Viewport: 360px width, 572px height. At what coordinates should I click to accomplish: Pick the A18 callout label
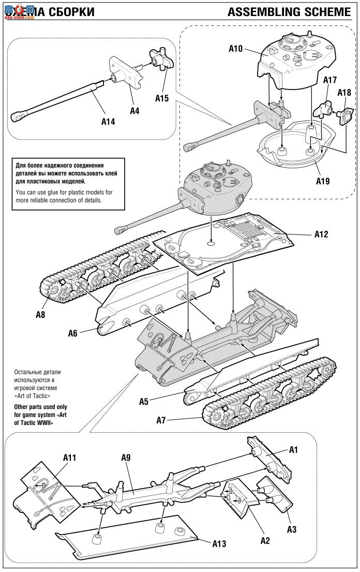pyautogui.click(x=344, y=93)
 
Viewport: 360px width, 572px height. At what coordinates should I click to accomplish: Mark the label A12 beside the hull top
pyautogui.click(x=321, y=234)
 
